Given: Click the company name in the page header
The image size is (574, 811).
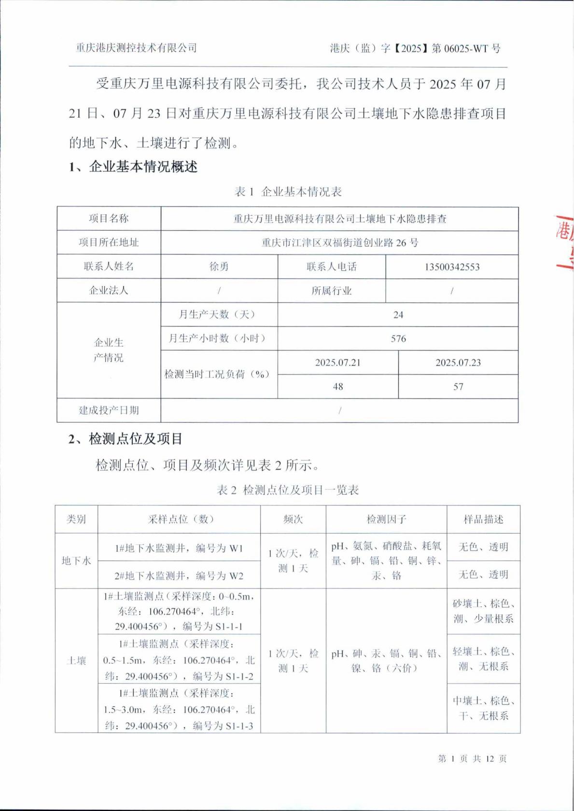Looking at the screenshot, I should pyautogui.click(x=137, y=48).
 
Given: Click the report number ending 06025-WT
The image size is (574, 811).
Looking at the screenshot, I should pyautogui.click(x=415, y=48).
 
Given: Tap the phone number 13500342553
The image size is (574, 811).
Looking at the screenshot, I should pyautogui.click(x=452, y=267).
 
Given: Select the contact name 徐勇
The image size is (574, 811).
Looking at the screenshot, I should pyautogui.click(x=219, y=266).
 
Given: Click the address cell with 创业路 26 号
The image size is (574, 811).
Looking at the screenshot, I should pyautogui.click(x=340, y=242).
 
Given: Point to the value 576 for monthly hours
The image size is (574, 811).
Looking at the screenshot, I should pyautogui.click(x=398, y=339).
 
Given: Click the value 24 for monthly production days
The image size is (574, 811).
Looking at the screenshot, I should pyautogui.click(x=398, y=315).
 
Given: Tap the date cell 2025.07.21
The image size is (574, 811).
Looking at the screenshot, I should pyautogui.click(x=338, y=363).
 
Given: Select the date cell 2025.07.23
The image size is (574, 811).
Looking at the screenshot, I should pyautogui.click(x=458, y=363).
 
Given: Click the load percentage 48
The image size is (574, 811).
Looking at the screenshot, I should pyautogui.click(x=338, y=387).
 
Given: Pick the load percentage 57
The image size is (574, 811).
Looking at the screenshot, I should pyautogui.click(x=458, y=387).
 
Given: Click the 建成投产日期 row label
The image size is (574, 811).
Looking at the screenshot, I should pyautogui.click(x=109, y=410).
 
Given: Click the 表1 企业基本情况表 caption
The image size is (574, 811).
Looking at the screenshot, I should pyautogui.click(x=288, y=192).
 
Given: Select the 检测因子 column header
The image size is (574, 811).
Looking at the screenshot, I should pyautogui.click(x=386, y=519).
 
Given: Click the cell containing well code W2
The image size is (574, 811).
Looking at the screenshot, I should pyautogui.click(x=179, y=575).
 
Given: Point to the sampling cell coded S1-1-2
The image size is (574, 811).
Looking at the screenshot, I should pyautogui.click(x=179, y=660).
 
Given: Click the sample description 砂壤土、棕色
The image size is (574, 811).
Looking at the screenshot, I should pyautogui.click(x=483, y=611).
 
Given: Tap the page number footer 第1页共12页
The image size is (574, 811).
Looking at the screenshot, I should pyautogui.click(x=472, y=758).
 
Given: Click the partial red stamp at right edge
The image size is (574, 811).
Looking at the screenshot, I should pyautogui.click(x=565, y=241).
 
